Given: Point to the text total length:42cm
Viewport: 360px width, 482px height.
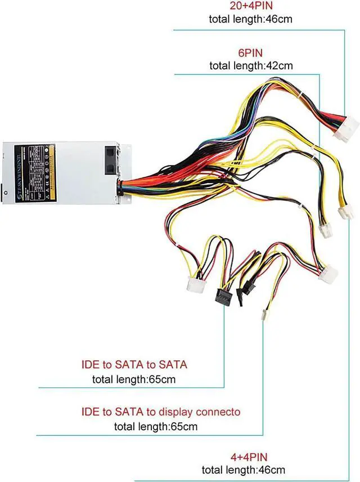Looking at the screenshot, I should [251, 65].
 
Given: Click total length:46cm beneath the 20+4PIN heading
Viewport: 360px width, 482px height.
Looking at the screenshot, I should [251, 19].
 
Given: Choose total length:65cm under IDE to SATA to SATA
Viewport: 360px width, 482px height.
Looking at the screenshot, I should [134, 379].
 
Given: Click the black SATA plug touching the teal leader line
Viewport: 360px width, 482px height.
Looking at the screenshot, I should [223, 297].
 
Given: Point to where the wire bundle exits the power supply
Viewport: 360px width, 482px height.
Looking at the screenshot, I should [121, 185].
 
